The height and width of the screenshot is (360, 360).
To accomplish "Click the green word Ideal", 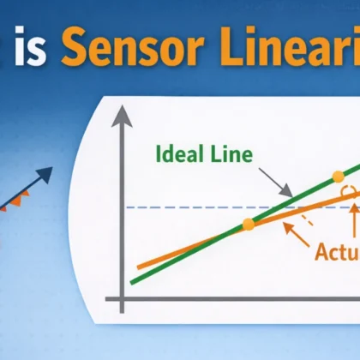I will tap(179, 156).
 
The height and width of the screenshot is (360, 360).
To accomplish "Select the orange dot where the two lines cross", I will tap(248, 225).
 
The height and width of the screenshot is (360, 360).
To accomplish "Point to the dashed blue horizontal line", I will tap(189, 208).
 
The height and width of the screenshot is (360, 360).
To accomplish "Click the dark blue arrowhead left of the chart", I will tap(45, 174).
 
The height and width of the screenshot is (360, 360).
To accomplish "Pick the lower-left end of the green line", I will tap(133, 280).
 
